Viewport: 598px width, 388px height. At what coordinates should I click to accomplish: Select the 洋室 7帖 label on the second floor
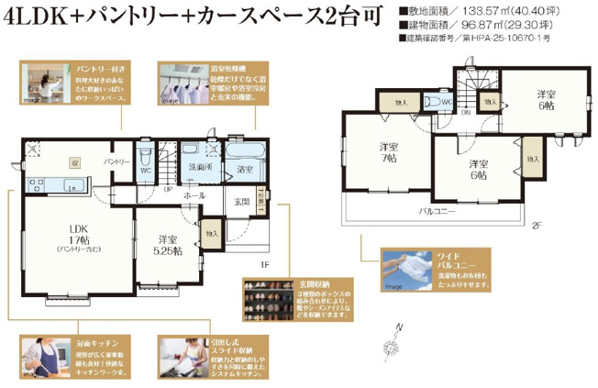point(387,152)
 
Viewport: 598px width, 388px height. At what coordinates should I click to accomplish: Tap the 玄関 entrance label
point(241,202)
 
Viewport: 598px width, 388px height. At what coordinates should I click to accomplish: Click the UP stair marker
point(167,189)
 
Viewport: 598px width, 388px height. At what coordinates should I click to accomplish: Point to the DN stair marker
point(466,114)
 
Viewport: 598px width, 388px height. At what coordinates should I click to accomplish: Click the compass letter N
point(399,327)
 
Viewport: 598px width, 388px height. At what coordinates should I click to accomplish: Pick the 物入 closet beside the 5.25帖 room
point(212,235)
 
